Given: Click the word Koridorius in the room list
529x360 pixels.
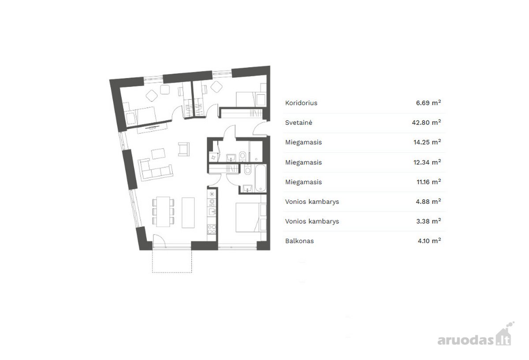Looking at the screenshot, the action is (x=301, y=103).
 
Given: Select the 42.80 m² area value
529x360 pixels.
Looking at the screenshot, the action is (x=426, y=123).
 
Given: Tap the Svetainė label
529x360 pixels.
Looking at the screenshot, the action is (x=298, y=123).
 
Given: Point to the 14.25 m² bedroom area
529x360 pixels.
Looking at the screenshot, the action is (x=427, y=142).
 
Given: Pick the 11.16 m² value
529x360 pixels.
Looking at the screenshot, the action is (x=428, y=182).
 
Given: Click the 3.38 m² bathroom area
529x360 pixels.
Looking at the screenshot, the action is (x=428, y=221).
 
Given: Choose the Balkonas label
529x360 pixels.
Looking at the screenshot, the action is (x=299, y=241).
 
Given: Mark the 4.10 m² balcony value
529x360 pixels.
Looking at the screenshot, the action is (x=429, y=241).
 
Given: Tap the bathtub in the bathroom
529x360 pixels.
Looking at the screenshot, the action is (x=261, y=178).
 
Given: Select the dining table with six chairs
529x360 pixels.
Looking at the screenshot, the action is (x=163, y=212).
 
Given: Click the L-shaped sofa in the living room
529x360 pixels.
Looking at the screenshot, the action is (x=155, y=169).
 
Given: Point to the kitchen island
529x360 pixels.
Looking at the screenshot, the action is (x=188, y=213).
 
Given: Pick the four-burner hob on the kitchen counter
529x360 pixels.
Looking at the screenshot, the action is (x=212, y=229).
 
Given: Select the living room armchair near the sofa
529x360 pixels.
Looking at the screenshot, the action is (x=184, y=149).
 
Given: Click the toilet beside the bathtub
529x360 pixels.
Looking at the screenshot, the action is (x=247, y=169).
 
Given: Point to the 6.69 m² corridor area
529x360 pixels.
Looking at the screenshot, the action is (x=428, y=103).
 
